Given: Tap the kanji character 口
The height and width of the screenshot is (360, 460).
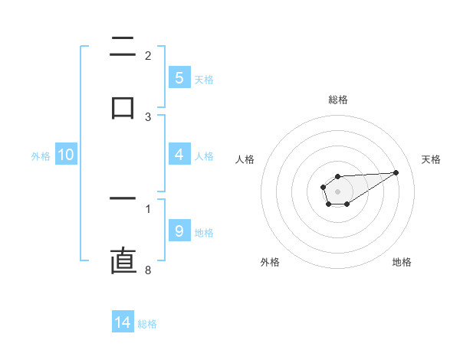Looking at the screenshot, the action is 123,107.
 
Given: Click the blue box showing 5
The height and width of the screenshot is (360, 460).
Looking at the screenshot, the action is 179,78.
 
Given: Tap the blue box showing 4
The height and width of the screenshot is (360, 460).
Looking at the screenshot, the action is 179,155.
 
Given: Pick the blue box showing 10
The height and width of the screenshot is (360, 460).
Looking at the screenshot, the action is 66,155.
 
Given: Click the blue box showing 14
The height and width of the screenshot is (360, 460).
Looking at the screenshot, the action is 123,322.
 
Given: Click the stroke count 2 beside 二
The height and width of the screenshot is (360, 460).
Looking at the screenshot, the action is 148,55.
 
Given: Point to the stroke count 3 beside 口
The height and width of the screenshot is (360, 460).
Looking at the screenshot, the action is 148,117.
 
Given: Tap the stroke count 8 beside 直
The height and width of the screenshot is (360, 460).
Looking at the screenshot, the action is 148,270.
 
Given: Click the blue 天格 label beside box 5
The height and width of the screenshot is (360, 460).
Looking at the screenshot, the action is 204,79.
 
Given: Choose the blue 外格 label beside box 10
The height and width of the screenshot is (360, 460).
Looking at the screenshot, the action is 41,156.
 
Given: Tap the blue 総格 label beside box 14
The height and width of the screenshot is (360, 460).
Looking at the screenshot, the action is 147,324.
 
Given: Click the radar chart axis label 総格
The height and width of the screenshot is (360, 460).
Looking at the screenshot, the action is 337,100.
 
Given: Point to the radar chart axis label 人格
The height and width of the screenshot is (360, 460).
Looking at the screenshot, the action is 245,159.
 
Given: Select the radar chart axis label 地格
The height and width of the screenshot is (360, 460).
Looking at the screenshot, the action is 402,263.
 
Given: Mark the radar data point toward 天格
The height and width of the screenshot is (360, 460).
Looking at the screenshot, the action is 396,172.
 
